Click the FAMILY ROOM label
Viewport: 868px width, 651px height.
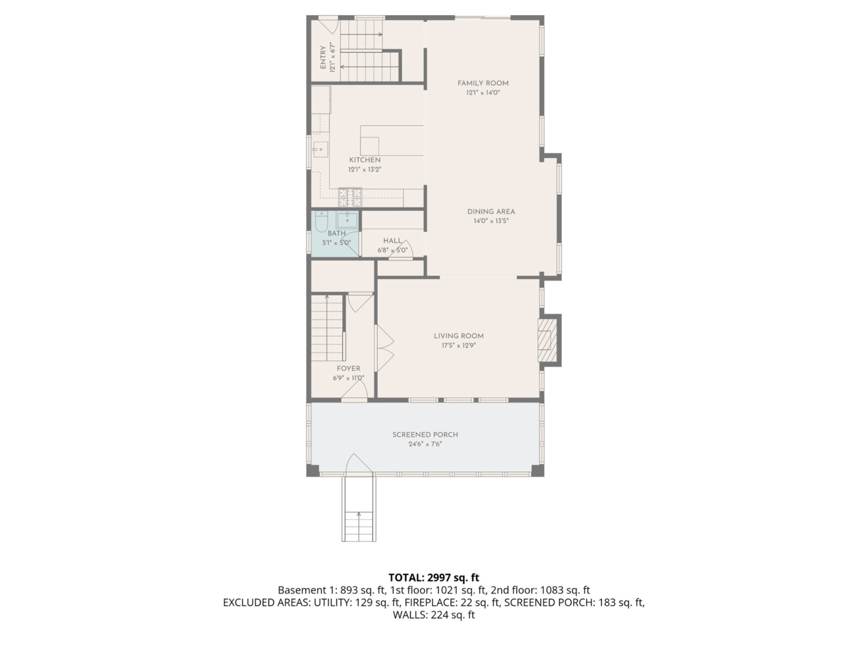click(x=483, y=83)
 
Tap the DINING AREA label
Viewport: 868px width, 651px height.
click(x=491, y=212)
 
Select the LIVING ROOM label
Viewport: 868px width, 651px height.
click(x=459, y=336)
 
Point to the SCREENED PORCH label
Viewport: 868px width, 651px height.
click(x=425, y=435)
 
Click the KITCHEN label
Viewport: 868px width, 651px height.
click(x=365, y=160)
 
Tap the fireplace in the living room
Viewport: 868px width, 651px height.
click(x=547, y=341)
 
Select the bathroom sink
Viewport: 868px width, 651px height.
click(x=347, y=220)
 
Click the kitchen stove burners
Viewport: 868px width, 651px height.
click(x=350, y=197)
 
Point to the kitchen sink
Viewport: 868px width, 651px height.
click(x=320, y=149)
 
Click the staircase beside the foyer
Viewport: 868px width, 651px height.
click(x=327, y=328)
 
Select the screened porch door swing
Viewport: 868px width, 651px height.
click(x=359, y=463)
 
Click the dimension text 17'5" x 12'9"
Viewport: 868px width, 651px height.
click(x=459, y=345)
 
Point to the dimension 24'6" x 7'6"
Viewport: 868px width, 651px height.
click(x=425, y=444)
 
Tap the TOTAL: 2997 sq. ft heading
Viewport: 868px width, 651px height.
click(x=434, y=578)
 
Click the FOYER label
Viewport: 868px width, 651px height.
click(x=348, y=369)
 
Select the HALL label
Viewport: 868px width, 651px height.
click(x=392, y=241)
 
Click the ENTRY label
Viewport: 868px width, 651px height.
click(x=323, y=58)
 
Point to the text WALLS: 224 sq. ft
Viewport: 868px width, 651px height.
click(x=434, y=615)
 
